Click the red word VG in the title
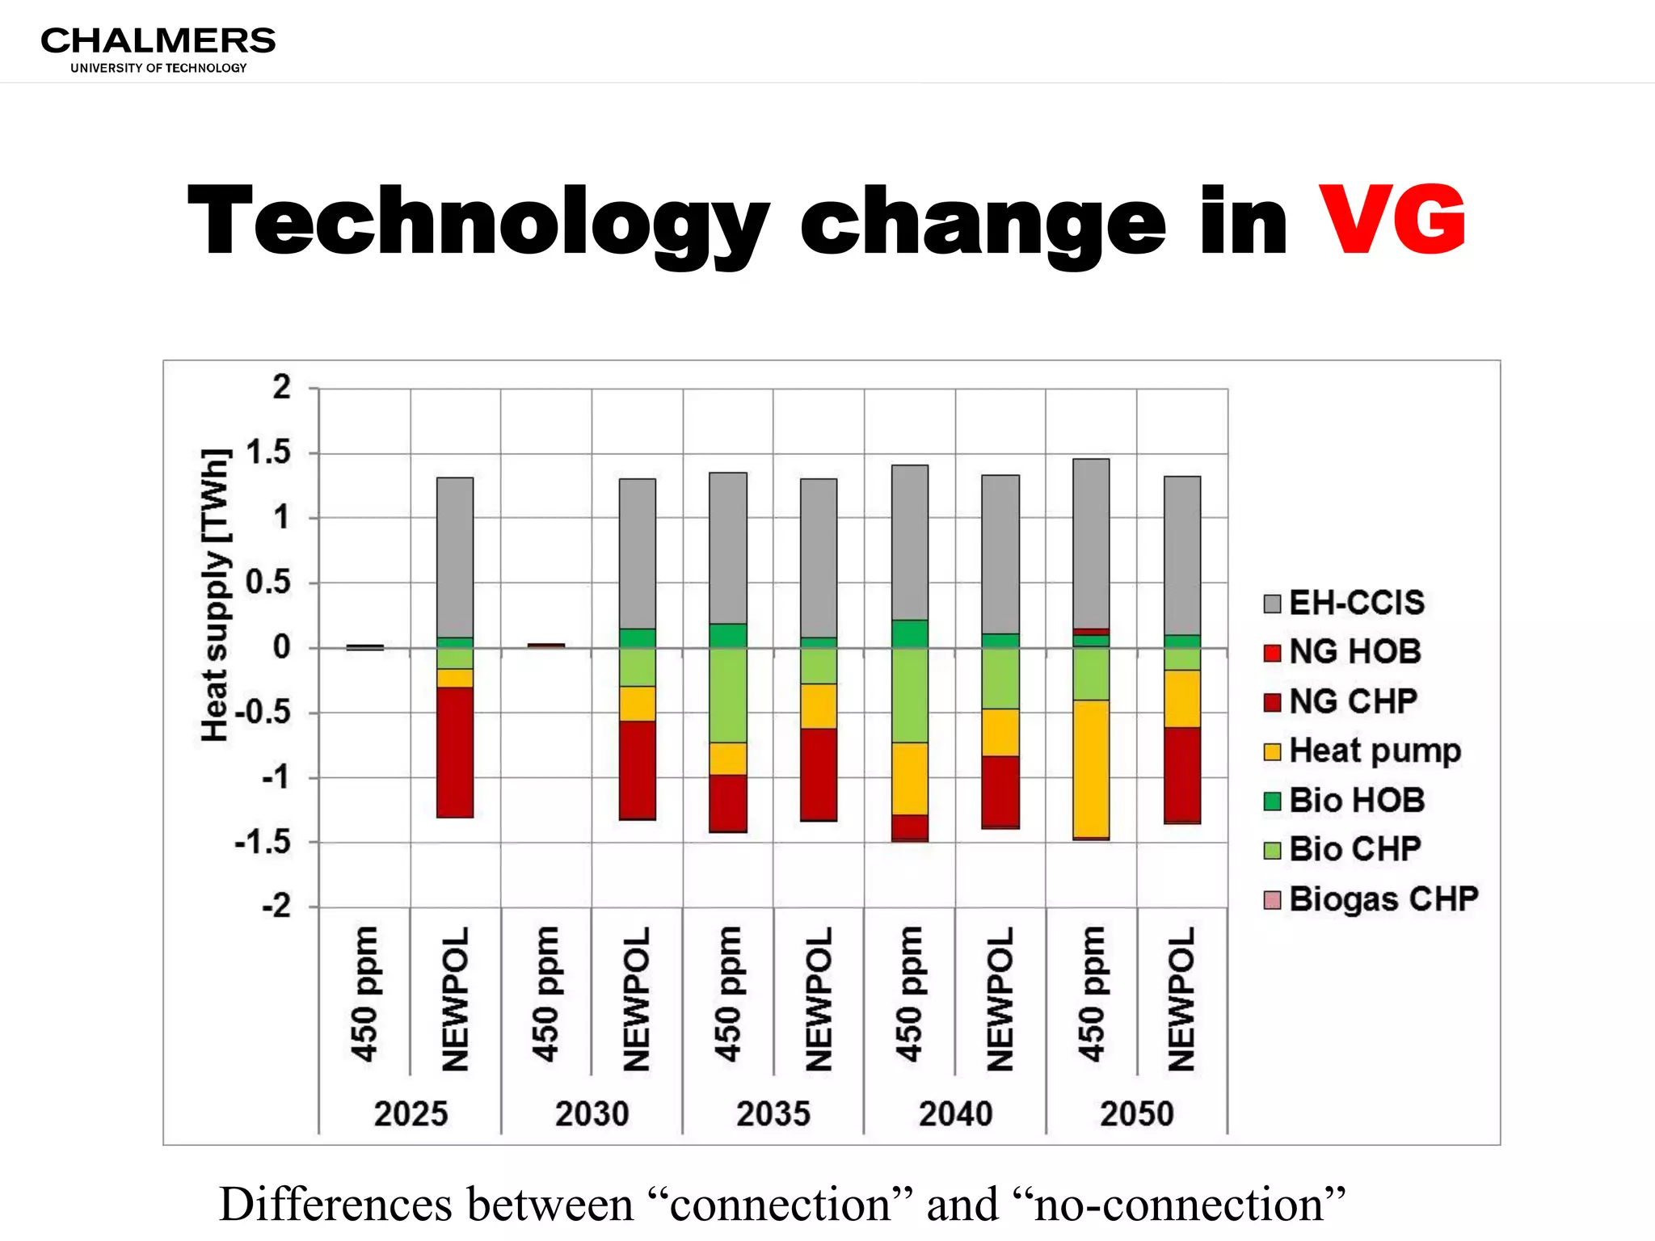(x=1391, y=220)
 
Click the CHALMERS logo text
(x=158, y=40)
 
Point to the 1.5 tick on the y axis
(x=268, y=452)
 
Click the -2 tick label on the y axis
(x=276, y=907)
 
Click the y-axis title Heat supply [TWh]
(x=215, y=595)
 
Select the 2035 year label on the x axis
(x=773, y=1113)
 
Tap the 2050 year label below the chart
(x=1136, y=1113)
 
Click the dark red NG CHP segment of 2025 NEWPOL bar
(x=455, y=751)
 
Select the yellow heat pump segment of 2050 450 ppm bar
(x=1091, y=768)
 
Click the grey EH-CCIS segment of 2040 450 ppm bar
(x=910, y=541)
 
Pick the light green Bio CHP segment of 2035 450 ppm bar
(x=728, y=695)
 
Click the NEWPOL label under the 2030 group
(x=637, y=999)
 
